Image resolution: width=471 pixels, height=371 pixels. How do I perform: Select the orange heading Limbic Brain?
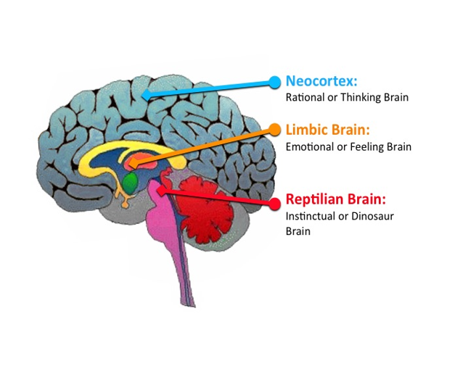328,130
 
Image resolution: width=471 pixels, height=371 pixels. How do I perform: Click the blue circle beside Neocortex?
274,82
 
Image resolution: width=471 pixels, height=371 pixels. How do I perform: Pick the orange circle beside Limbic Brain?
274,130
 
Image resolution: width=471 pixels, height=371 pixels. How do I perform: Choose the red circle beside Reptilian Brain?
274,204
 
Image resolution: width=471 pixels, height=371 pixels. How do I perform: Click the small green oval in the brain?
130,181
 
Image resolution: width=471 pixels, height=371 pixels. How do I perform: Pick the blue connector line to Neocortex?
210,88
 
